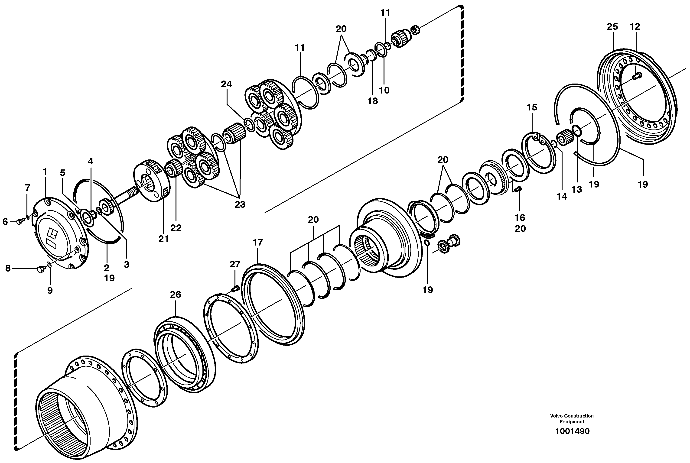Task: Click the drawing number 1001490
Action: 572,431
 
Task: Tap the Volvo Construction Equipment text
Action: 572,419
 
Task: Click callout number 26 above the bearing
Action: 176,295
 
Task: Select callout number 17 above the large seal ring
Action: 257,243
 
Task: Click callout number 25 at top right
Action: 612,27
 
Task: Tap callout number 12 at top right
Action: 635,27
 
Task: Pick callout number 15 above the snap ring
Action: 532,107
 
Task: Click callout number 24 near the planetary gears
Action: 226,84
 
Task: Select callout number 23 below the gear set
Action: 240,204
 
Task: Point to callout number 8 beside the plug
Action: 8,268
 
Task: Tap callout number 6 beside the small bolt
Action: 5,221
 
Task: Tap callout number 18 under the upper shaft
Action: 372,101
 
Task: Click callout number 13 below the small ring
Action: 576,189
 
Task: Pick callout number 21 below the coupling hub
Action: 163,239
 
